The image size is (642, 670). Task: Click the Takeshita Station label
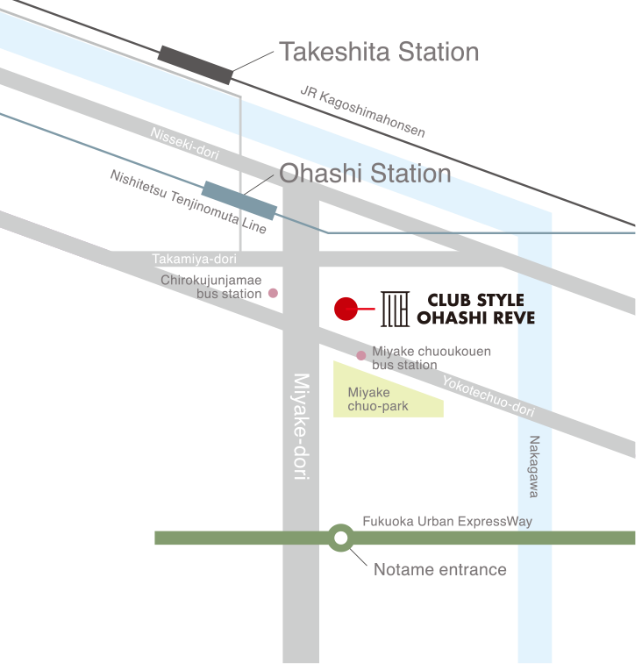pyautogui.click(x=379, y=53)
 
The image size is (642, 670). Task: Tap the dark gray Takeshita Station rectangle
pyautogui.click(x=196, y=65)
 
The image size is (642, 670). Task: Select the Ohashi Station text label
pyautogui.click(x=365, y=174)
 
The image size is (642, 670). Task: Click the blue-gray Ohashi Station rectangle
pyautogui.click(x=239, y=200)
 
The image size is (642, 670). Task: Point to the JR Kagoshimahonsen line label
pyautogui.click(x=362, y=111)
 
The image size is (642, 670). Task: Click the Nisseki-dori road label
pyautogui.click(x=184, y=143)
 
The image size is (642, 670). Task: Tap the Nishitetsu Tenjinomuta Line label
pyautogui.click(x=189, y=202)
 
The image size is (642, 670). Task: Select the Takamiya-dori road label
pyautogui.click(x=195, y=260)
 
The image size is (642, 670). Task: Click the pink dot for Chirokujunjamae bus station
pyautogui.click(x=273, y=293)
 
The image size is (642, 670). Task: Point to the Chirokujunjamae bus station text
pyautogui.click(x=212, y=287)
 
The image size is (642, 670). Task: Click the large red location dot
pyautogui.click(x=346, y=309)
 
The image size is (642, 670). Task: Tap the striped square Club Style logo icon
pyautogui.click(x=394, y=309)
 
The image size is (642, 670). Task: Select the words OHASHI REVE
pyautogui.click(x=474, y=317)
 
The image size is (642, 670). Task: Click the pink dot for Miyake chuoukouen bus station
pyautogui.click(x=360, y=355)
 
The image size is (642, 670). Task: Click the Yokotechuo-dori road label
pyautogui.click(x=488, y=396)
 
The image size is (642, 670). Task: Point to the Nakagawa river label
pyautogui.click(x=534, y=467)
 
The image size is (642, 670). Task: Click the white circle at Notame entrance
pyautogui.click(x=340, y=538)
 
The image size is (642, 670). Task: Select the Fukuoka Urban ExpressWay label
pyautogui.click(x=447, y=522)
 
